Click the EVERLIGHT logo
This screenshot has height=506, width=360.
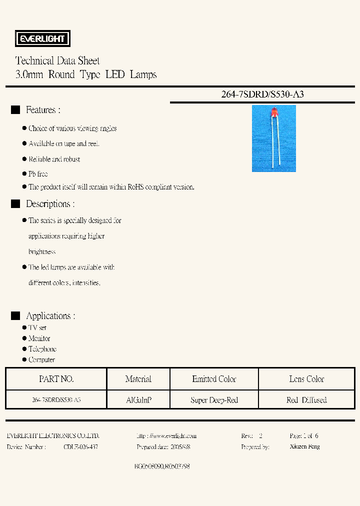(x=41, y=38)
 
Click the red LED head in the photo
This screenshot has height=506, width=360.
(x=274, y=116)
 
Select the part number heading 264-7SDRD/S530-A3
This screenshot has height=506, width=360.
(x=262, y=94)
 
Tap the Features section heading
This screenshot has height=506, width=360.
(x=43, y=110)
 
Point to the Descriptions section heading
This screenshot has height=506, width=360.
(x=50, y=204)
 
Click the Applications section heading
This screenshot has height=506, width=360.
(x=50, y=316)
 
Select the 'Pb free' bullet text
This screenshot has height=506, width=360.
(x=38, y=174)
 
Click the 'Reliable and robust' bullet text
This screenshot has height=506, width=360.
(x=54, y=159)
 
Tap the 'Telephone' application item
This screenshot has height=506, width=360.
(x=42, y=349)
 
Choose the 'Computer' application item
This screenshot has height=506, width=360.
(x=41, y=360)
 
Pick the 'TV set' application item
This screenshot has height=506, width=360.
(x=37, y=327)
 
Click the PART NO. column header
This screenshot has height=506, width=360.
(x=56, y=379)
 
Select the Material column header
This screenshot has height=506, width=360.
(x=138, y=379)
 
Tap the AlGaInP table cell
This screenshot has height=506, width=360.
(x=138, y=400)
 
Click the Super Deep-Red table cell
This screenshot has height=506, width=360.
(x=214, y=400)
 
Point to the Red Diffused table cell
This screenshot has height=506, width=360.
(x=306, y=400)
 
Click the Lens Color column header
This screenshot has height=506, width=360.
(x=306, y=379)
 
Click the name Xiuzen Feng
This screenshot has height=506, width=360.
(x=304, y=446)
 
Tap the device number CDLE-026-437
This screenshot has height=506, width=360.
(x=81, y=446)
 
